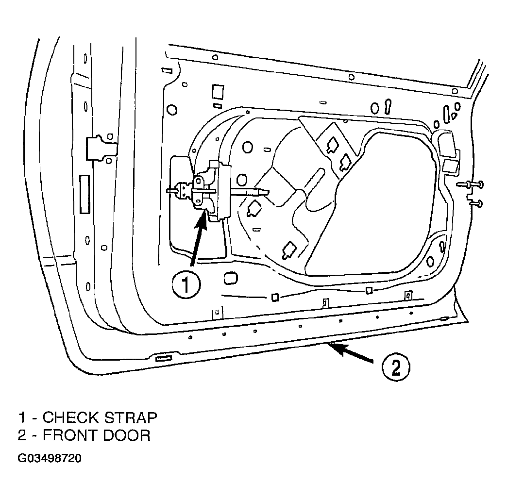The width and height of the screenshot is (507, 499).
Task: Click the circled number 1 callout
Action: point(186,285)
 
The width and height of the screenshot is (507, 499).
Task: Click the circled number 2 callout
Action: point(396,367)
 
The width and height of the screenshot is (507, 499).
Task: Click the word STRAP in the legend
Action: point(131,417)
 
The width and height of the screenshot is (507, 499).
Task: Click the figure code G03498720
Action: point(50,458)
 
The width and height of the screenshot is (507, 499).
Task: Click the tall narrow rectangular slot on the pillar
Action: point(84,194)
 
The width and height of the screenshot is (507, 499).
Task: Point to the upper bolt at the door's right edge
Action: point(471,184)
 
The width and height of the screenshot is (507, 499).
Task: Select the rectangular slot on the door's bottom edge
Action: point(164,358)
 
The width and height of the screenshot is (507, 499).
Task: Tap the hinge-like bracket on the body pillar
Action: point(101,148)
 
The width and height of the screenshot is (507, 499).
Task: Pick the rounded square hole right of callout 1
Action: point(230,278)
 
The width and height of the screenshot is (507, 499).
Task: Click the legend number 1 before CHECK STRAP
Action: point(22,417)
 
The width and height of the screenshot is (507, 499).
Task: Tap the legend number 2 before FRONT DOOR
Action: point(22,435)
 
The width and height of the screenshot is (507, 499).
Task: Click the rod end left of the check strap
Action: point(171,191)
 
